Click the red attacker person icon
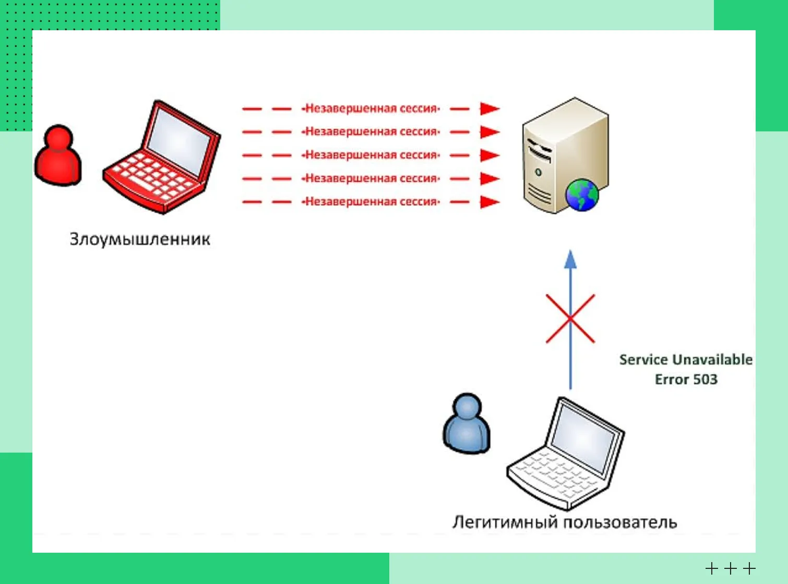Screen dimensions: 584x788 point(58,155)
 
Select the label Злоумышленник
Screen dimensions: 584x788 point(140,239)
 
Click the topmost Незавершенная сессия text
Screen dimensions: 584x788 point(372,108)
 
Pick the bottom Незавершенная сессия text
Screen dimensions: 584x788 point(372,202)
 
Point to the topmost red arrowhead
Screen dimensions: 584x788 point(489,108)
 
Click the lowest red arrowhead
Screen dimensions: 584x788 point(489,202)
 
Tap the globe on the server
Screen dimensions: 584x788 point(582,195)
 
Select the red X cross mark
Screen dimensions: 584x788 point(570,319)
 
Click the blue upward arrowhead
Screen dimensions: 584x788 point(570,260)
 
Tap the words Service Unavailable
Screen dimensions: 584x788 point(686,360)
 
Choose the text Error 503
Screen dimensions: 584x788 point(686,380)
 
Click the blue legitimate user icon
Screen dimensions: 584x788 point(467,423)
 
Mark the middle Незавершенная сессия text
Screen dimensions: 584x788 point(372,155)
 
